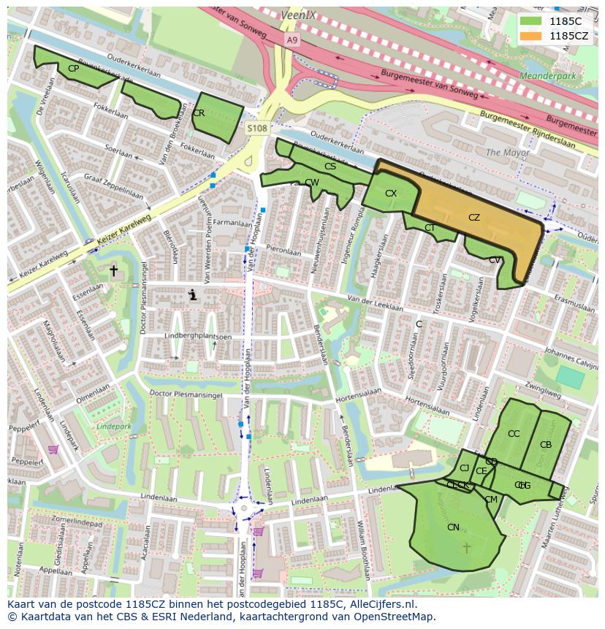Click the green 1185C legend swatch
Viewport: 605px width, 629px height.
pos(533,21)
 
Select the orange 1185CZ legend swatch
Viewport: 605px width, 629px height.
pos(533,36)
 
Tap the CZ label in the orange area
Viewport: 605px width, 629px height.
pos(474,218)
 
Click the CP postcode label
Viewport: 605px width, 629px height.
pos(73,69)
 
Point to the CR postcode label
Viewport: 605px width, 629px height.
pos(199,113)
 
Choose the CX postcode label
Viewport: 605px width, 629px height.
pos(391,194)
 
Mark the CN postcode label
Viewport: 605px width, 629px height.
pos(453,527)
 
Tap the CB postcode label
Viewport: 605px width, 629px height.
pos(546,445)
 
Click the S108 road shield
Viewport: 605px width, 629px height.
pos(257,129)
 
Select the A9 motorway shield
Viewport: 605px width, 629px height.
pos(292,41)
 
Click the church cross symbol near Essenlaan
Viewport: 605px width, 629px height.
pos(113,271)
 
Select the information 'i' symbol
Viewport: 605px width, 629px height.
pos(193,294)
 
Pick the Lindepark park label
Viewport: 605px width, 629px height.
pos(113,425)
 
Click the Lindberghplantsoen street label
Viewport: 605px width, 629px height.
pos(197,337)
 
